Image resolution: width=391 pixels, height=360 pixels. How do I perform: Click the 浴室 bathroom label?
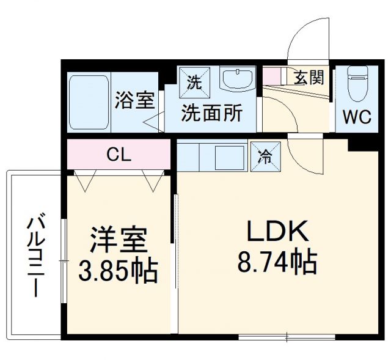(134, 100)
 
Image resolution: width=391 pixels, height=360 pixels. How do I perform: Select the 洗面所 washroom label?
(211, 113)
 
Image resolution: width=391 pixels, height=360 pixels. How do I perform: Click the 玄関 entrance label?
(309, 78)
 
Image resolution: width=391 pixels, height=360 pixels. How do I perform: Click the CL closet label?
(119, 155)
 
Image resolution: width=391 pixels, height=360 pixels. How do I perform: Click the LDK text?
(275, 231)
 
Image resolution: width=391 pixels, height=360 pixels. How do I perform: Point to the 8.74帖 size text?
(276, 263)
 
